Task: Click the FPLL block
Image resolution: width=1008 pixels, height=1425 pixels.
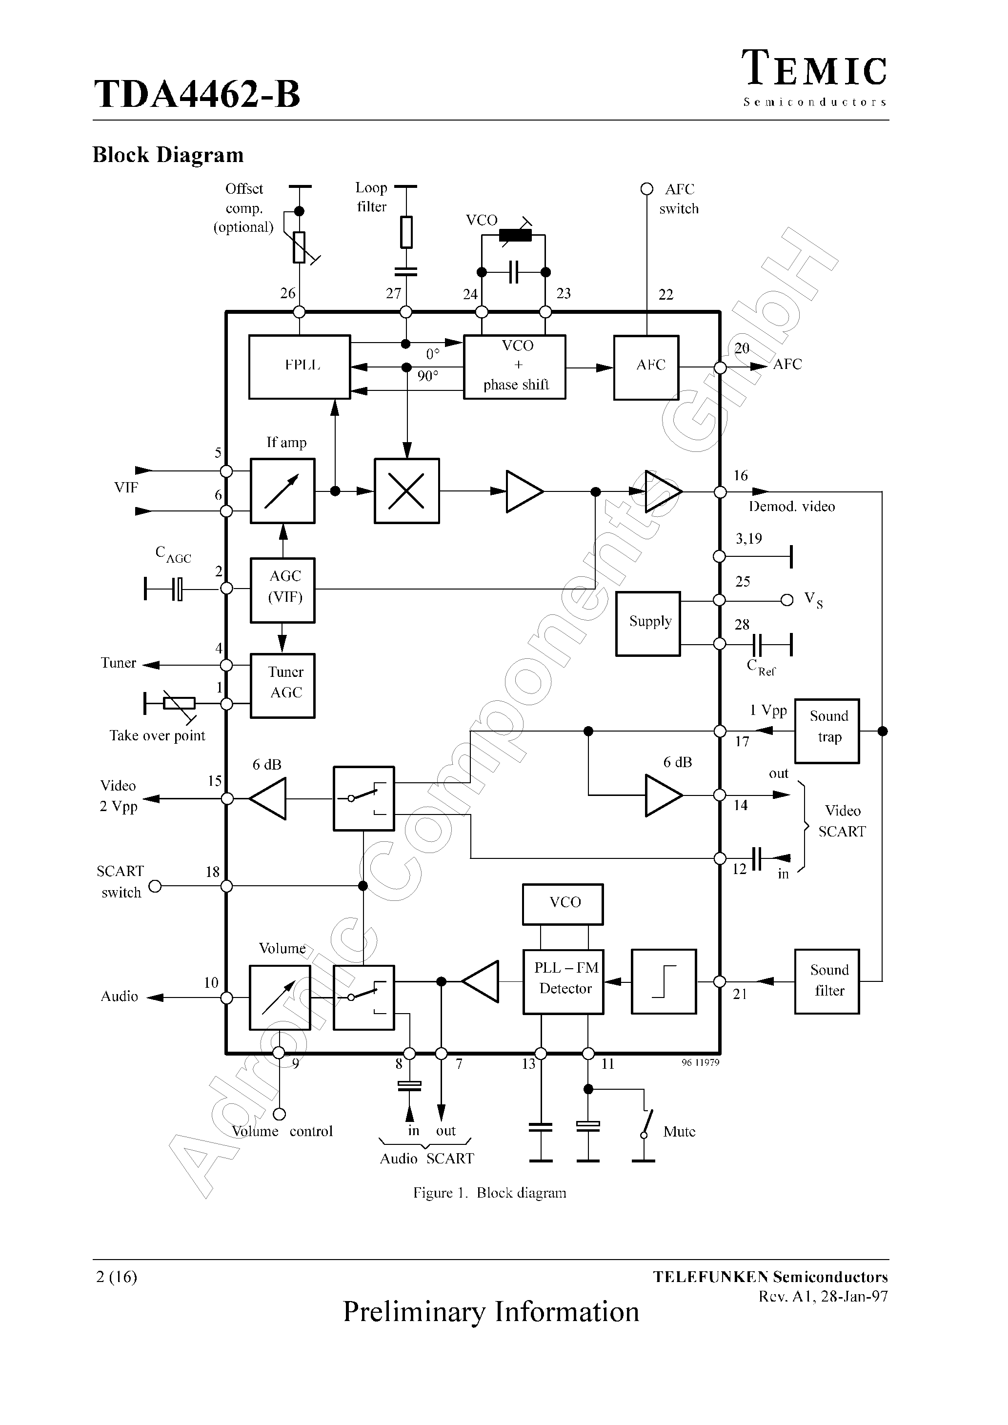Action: click(299, 367)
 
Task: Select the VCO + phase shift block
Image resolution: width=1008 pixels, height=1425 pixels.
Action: click(515, 367)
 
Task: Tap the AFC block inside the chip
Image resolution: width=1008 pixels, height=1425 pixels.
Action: click(646, 367)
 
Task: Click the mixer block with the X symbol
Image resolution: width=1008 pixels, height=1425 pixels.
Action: click(406, 491)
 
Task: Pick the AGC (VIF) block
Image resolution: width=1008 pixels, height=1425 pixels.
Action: click(282, 590)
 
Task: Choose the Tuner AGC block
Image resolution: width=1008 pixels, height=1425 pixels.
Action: click(282, 685)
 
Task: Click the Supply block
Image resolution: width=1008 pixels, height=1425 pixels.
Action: click(648, 623)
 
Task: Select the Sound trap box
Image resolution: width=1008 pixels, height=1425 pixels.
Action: click(827, 731)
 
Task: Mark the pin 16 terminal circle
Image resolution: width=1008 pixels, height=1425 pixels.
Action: click(720, 492)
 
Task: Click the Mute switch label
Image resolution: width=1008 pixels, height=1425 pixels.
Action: click(679, 1131)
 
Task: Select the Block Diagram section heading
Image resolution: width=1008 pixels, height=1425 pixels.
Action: click(168, 155)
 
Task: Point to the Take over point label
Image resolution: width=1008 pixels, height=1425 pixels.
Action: click(157, 736)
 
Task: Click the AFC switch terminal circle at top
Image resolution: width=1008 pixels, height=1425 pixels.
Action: click(647, 189)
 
